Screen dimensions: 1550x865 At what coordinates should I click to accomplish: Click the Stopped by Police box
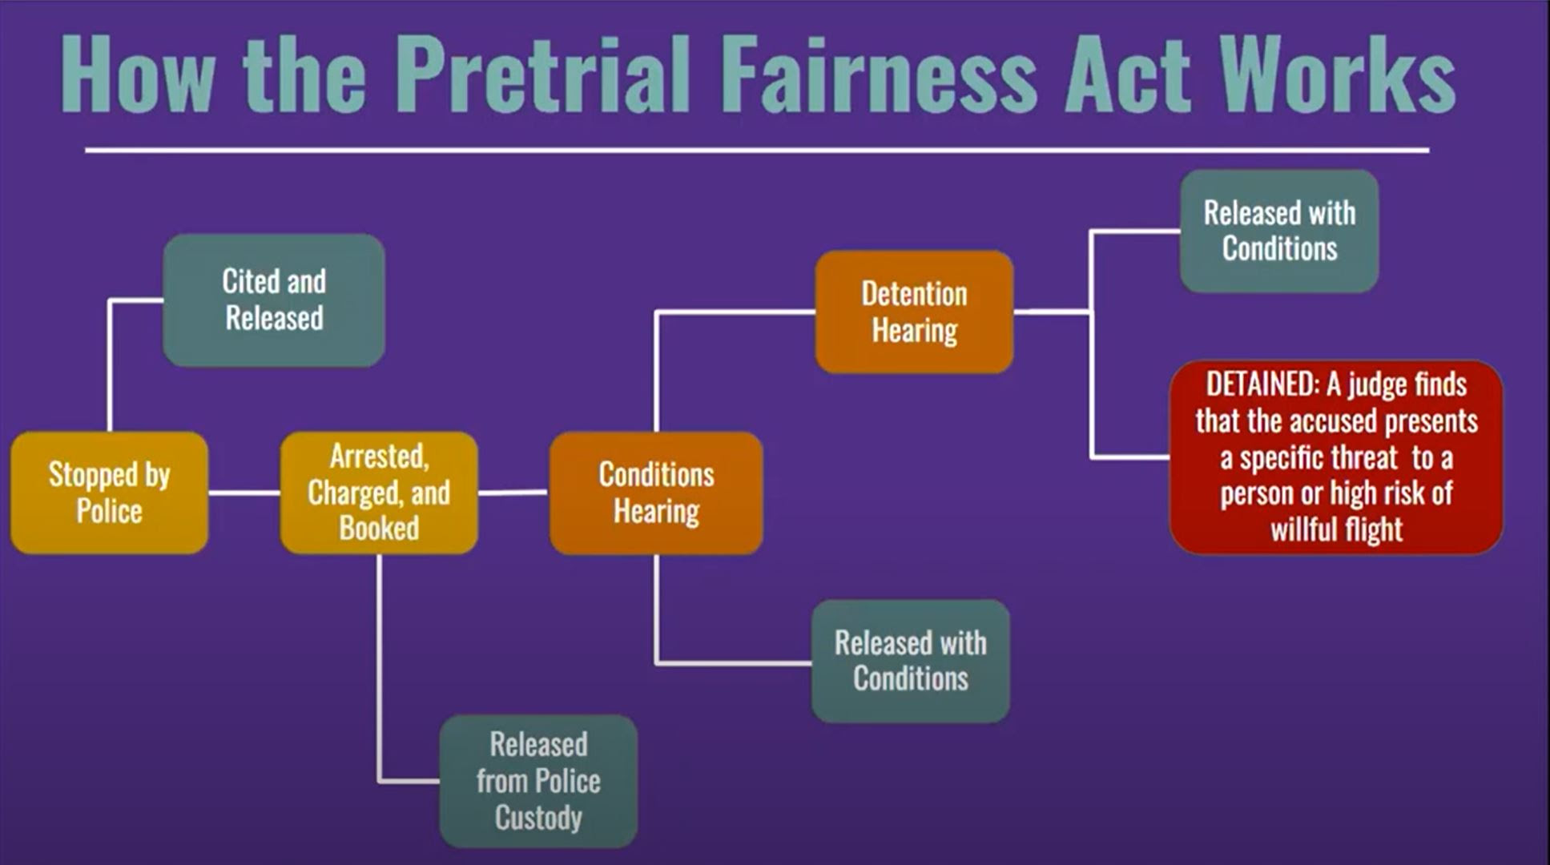pyautogui.click(x=110, y=493)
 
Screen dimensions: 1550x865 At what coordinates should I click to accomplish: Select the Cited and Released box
pyautogui.click(x=274, y=300)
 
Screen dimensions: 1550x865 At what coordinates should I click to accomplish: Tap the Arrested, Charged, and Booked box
pyautogui.click(x=379, y=493)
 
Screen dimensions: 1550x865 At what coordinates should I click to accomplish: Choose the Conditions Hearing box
pyautogui.click(x=656, y=493)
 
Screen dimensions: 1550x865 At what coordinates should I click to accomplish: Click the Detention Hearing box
pyautogui.click(x=914, y=312)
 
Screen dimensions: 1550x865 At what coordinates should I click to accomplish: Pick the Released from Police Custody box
pyautogui.click(x=538, y=781)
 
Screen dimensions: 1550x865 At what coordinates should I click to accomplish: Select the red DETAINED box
pyautogui.click(x=1336, y=457)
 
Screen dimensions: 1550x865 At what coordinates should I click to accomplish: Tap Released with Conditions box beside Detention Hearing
pyautogui.click(x=1279, y=231)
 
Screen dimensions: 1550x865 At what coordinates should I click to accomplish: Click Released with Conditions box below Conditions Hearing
pyautogui.click(x=911, y=661)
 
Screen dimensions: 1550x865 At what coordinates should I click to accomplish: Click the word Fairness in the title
pyautogui.click(x=880, y=74)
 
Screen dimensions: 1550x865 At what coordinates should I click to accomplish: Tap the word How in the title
pyautogui.click(x=138, y=74)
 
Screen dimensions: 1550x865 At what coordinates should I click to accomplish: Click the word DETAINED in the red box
pyautogui.click(x=1262, y=385)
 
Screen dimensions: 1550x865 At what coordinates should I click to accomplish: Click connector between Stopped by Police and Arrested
pyautogui.click(x=244, y=493)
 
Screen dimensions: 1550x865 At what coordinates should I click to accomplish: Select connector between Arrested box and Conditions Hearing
pyautogui.click(x=513, y=493)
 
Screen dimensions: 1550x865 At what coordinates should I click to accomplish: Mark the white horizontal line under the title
pyautogui.click(x=757, y=150)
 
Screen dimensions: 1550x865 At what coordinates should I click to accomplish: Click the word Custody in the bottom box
pyautogui.click(x=538, y=819)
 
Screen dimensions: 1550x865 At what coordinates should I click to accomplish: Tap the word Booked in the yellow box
pyautogui.click(x=379, y=529)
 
